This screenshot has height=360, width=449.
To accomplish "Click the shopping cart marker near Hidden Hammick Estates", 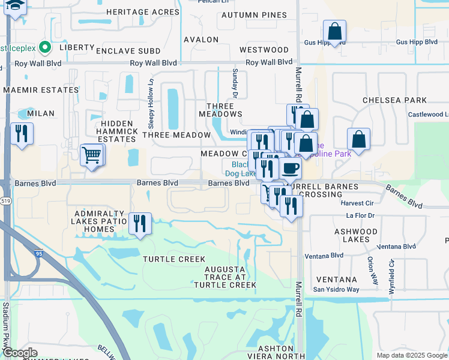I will (92, 155).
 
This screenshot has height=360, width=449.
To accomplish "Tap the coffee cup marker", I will (291, 168).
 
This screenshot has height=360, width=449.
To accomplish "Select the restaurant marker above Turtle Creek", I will (140, 224).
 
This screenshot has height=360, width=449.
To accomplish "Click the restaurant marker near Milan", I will (22, 134).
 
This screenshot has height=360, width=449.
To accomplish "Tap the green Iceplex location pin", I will (44, 46).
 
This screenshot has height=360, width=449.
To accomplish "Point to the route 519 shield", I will (6, 200).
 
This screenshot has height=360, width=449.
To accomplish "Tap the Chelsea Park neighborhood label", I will (394, 100).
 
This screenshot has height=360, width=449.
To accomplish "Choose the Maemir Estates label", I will (41, 90).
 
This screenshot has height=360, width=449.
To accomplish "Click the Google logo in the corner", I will (19, 353).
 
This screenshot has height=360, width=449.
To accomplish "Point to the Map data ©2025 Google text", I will (411, 355).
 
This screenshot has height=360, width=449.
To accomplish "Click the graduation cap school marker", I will (14, 5).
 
